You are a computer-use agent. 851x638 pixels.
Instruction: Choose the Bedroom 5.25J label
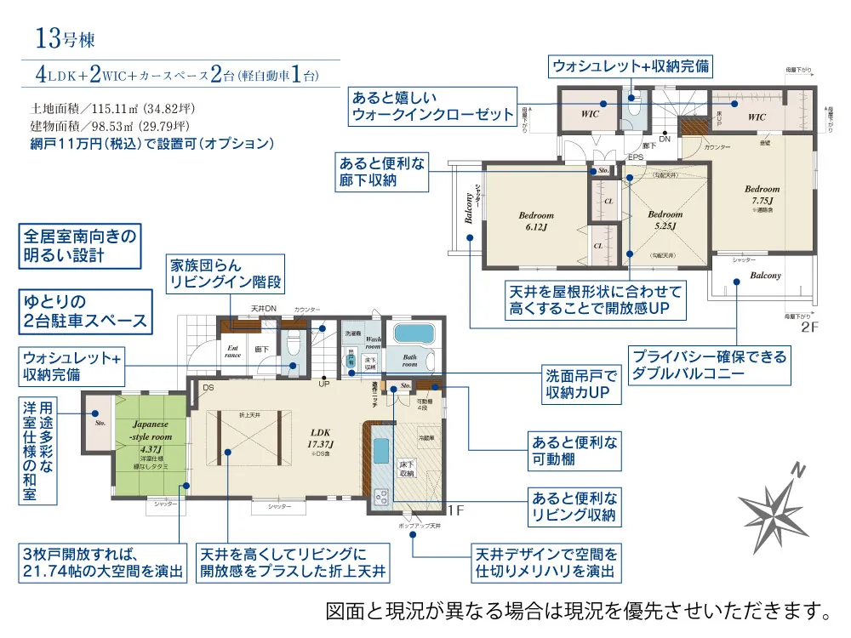664,220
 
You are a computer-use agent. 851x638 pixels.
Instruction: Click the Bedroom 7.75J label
762,195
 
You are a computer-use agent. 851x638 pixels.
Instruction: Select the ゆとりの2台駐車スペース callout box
85,310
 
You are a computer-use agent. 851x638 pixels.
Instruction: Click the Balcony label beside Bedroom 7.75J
765,276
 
